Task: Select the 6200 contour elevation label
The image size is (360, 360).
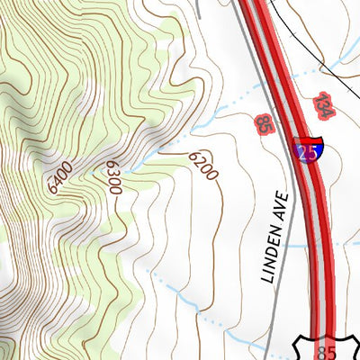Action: [203, 165]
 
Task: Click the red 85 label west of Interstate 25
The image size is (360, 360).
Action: [264, 123]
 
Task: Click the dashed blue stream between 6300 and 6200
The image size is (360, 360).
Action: [162, 144]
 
